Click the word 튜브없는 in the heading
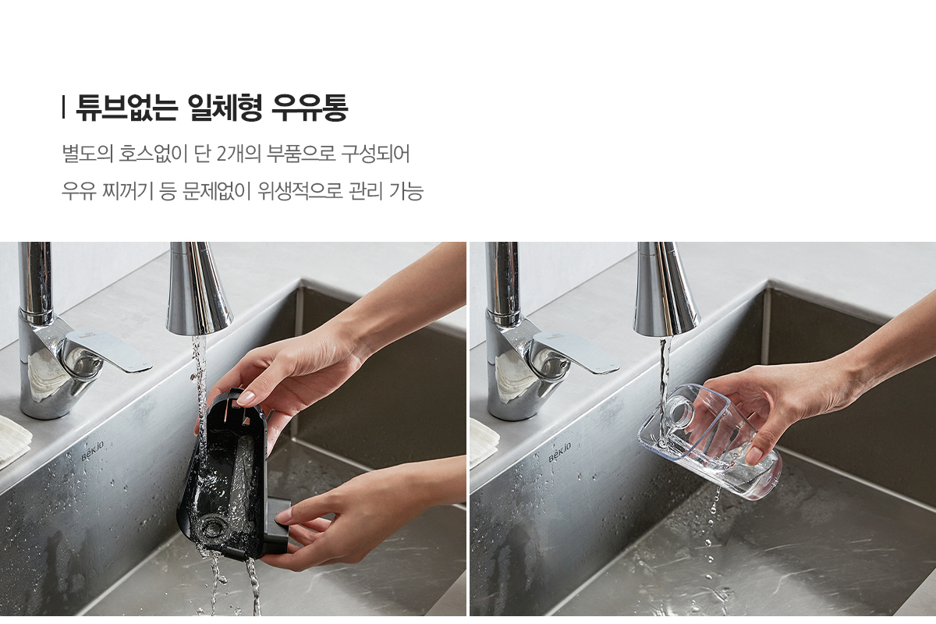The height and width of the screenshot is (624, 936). (126, 108)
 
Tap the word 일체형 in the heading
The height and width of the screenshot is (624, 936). (225, 108)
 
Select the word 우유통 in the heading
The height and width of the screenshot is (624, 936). (310, 108)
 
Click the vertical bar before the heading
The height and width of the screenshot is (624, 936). (63, 108)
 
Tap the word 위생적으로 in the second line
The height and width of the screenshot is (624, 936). (300, 191)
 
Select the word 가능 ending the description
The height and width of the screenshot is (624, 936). (406, 191)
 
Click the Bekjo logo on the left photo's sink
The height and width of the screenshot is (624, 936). (92, 451)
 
